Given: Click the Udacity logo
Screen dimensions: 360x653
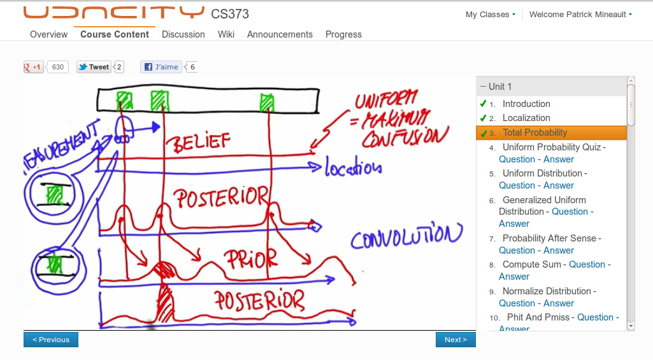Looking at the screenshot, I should coord(113,13).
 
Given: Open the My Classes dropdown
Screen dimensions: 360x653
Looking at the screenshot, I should coord(490,15).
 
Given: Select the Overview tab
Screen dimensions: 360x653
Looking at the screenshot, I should coord(48,34).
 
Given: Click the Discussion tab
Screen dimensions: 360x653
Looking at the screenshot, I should coord(183,34).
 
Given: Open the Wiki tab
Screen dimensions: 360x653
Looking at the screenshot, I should coord(226,34).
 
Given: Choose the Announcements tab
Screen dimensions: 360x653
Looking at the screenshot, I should coord(280,34).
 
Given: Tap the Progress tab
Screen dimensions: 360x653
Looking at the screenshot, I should coord(343,34).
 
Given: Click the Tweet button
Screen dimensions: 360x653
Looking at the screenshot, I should coord(94,67).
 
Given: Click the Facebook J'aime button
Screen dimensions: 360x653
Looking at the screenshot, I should coord(161,67).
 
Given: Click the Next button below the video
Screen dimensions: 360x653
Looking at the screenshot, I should coord(456,340).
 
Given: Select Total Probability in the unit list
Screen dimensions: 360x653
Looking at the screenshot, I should coord(535,133).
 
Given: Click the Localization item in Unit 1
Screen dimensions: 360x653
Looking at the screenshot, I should coord(526,118).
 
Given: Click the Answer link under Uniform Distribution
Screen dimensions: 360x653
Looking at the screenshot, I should coord(559,185).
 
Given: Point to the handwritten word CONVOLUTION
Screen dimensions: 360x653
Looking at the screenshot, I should coord(406,236).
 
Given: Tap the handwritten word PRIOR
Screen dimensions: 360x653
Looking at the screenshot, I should coord(250,258).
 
